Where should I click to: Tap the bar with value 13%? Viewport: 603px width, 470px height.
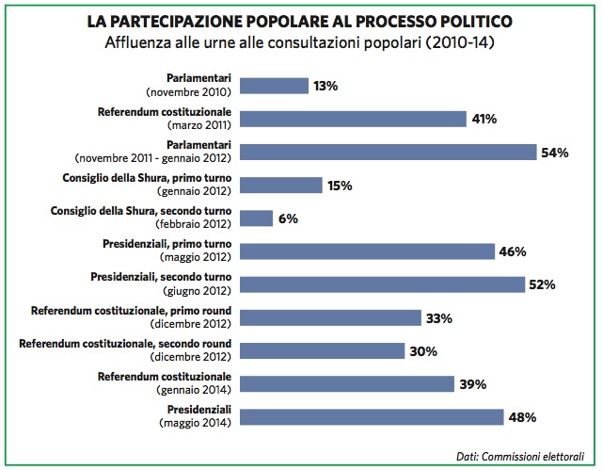275,86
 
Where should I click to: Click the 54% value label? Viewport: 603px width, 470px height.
553,153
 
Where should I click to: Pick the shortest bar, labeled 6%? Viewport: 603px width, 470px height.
257,219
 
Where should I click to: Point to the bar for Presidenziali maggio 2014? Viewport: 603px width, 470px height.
373,416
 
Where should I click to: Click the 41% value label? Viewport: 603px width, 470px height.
484,119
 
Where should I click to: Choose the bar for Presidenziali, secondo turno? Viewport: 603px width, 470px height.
382,284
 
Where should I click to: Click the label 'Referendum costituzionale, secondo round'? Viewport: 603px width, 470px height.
126,344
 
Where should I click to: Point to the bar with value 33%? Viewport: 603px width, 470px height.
330,317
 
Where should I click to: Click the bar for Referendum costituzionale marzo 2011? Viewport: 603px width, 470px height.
354,119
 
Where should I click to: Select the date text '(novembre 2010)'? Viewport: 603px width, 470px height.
189,93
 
